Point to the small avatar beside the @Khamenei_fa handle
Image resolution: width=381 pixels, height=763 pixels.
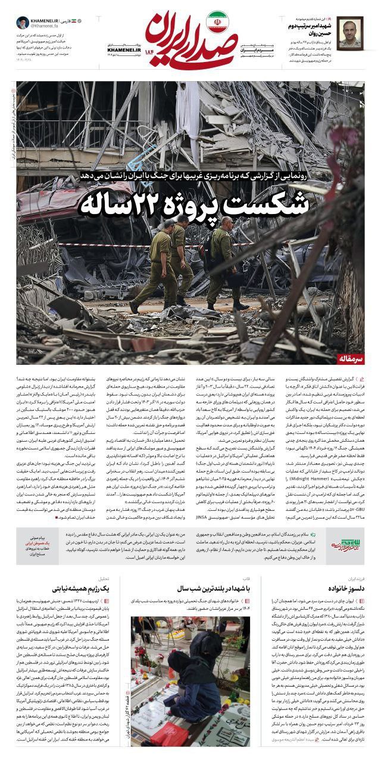coord(21,23)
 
